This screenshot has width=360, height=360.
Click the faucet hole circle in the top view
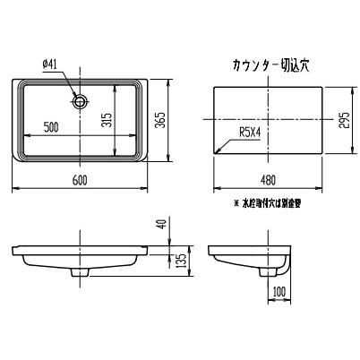coord(82,100)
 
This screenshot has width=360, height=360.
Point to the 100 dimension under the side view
coord(279,291)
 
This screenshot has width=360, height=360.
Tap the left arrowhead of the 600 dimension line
coord(16,189)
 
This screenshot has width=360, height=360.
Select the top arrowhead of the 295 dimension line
coord(333,88)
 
